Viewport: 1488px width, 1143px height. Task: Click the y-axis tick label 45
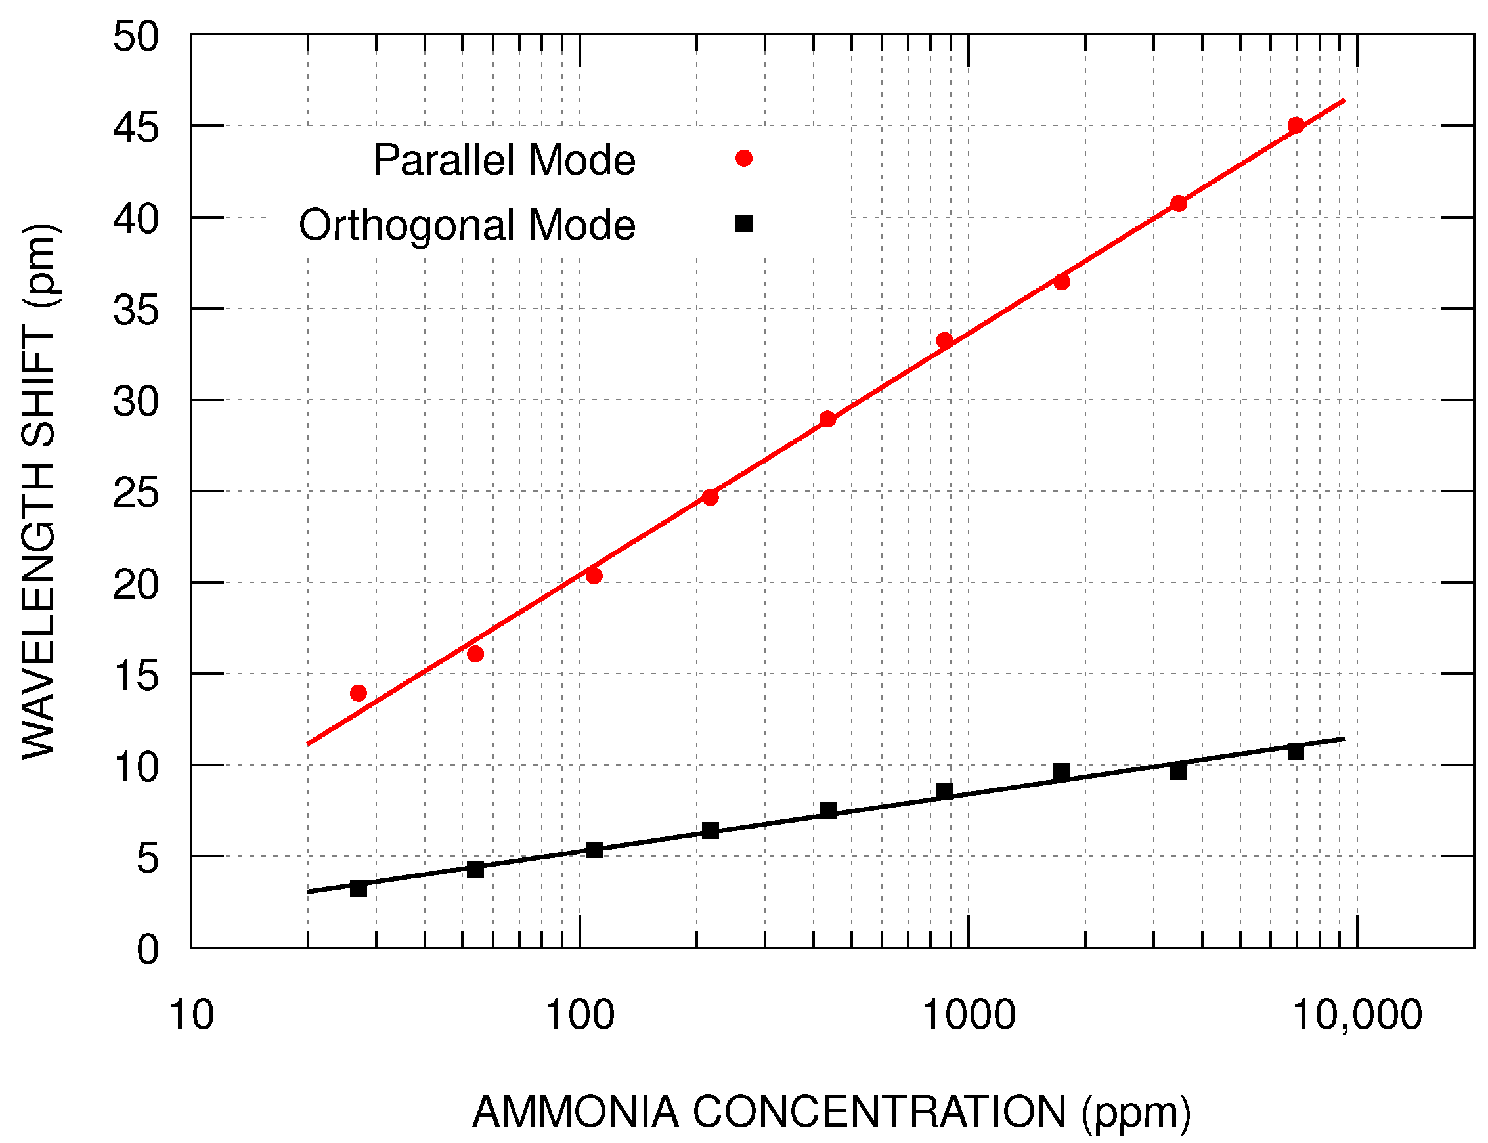(x=135, y=128)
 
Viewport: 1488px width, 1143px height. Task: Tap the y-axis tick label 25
(x=135, y=493)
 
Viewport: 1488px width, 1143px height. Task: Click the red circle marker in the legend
(x=743, y=158)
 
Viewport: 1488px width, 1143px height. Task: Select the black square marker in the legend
(x=743, y=223)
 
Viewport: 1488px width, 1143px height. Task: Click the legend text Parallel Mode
(x=504, y=161)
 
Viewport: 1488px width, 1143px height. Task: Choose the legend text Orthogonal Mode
(x=467, y=225)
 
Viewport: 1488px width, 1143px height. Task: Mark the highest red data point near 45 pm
(x=1296, y=125)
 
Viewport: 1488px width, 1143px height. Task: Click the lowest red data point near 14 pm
(x=359, y=693)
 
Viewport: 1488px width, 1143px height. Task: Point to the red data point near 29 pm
(x=827, y=419)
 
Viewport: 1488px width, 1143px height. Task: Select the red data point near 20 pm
(x=594, y=576)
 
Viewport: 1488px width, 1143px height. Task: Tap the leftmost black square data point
(x=359, y=889)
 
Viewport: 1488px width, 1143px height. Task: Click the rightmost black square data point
(x=1296, y=752)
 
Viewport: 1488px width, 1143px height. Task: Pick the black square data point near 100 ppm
(x=594, y=850)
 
